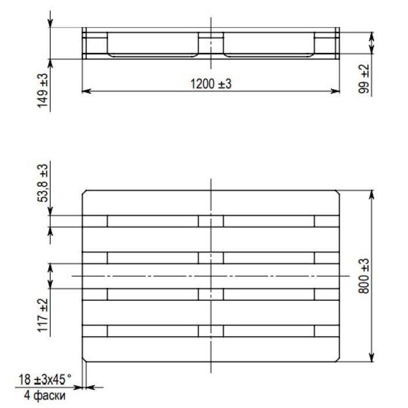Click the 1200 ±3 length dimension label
pos(211,84)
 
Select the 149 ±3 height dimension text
pos(43,90)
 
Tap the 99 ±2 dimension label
pos(364,79)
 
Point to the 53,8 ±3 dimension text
pos(43,183)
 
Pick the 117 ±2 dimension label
pos(43,315)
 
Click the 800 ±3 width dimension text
pos(364,276)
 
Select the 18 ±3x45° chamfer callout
pos(45,379)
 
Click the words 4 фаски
pos(45,396)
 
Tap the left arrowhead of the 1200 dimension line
pos(86,91)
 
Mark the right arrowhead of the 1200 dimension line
pos(335,91)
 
